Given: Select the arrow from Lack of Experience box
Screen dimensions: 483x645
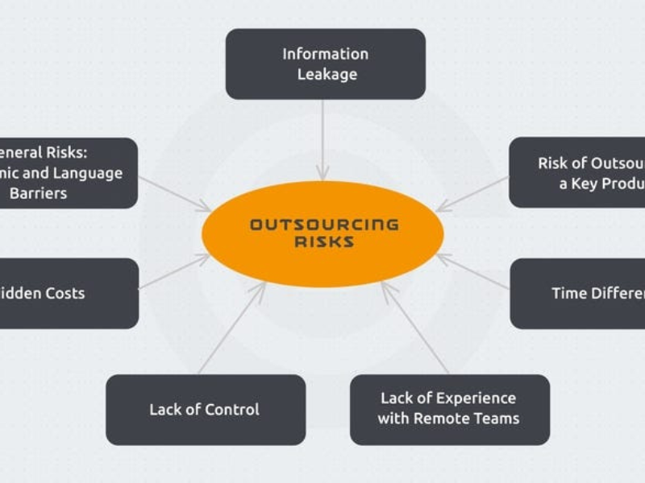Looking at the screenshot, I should pos(414,327).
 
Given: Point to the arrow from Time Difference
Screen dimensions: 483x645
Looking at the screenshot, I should pos(473,271).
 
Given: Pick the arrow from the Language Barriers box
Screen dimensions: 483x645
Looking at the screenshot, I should pos(173,193).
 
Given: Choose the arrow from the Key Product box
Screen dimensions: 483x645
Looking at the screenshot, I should pos(473,193).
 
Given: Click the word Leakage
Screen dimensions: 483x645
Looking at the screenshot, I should pos(327,74).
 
